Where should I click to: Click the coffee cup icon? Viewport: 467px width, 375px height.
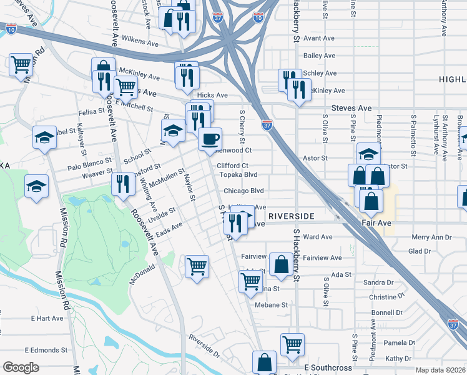(x=210, y=138)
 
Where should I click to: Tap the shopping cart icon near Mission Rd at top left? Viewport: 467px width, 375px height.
(x=21, y=64)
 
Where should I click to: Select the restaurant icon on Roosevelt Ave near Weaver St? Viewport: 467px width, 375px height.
(x=122, y=184)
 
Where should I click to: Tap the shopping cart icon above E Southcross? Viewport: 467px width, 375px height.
(x=292, y=343)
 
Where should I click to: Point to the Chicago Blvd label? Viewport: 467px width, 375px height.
(x=244, y=191)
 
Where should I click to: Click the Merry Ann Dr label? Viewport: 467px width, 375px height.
(x=431, y=237)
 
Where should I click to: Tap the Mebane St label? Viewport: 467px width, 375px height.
(x=270, y=305)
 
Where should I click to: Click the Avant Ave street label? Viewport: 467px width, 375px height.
(x=319, y=38)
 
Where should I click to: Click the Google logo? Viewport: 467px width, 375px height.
(x=21, y=367)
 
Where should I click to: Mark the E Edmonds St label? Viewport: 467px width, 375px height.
(x=46, y=349)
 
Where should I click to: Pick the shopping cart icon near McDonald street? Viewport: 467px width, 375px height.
(x=197, y=266)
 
